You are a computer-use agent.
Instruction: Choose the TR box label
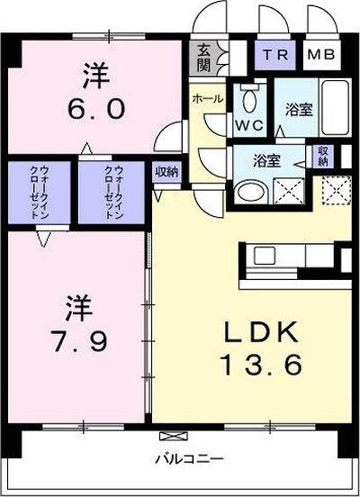(x=275, y=55)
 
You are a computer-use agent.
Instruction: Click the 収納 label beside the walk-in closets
(x=166, y=169)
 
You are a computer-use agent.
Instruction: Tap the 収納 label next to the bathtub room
(x=321, y=157)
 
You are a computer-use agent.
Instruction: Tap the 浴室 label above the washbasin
(x=265, y=162)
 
